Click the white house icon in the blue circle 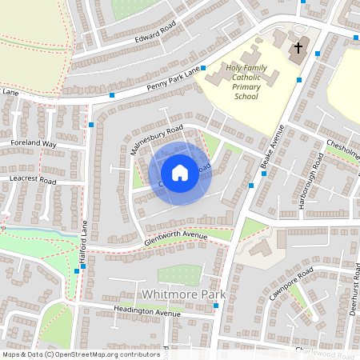point(180,172)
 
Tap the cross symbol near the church point(298,48)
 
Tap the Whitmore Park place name point(183,294)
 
